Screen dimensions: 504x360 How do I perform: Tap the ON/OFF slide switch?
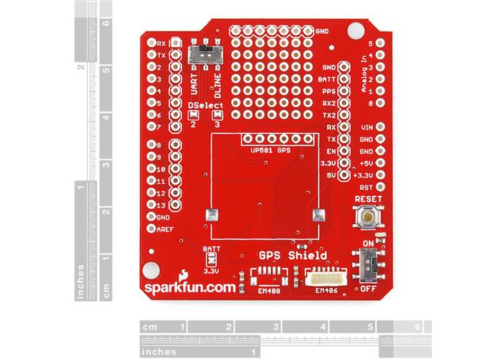pyautogui.click(x=369, y=264)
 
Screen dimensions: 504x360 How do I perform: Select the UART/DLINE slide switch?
pyautogui.click(x=206, y=55)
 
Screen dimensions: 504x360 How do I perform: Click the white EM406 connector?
pyautogui.click(x=326, y=278)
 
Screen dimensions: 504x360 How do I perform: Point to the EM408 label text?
pyautogui.click(x=269, y=291)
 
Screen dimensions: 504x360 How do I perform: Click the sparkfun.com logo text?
pyautogui.click(x=189, y=287)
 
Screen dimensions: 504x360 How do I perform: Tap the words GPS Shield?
pyautogui.click(x=293, y=256)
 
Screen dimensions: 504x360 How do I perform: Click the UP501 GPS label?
pyautogui.click(x=270, y=150)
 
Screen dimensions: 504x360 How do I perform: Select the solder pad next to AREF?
pyautogui.click(x=151, y=228)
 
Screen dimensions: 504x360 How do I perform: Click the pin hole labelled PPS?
pyautogui.click(x=344, y=91)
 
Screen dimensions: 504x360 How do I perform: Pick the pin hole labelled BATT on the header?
pyautogui.click(x=344, y=79)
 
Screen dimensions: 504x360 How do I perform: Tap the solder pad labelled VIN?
pyautogui.click(x=380, y=127)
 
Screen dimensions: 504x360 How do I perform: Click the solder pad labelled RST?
pyautogui.click(x=380, y=186)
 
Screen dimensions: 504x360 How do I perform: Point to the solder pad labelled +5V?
pyautogui.click(x=380, y=163)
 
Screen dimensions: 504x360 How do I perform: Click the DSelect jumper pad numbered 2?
pyautogui.click(x=193, y=114)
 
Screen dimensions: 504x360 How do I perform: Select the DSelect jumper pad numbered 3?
pyautogui.click(x=217, y=114)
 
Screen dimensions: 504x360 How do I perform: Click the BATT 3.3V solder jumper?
pyautogui.click(x=211, y=258)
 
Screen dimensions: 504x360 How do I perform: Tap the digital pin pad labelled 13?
pyautogui.click(x=151, y=204)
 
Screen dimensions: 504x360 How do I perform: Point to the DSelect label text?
pyautogui.click(x=206, y=105)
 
